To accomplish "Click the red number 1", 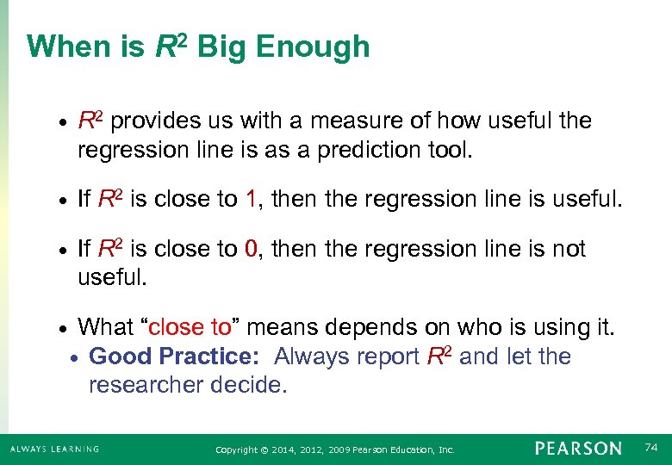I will coord(251,200).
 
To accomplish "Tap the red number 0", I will coord(251,250).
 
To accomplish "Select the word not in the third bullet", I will coord(568,250).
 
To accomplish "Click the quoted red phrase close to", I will coord(191,327).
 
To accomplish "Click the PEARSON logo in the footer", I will coord(577,449).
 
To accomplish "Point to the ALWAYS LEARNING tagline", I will coord(54,449).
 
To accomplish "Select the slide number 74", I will coord(652,448).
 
